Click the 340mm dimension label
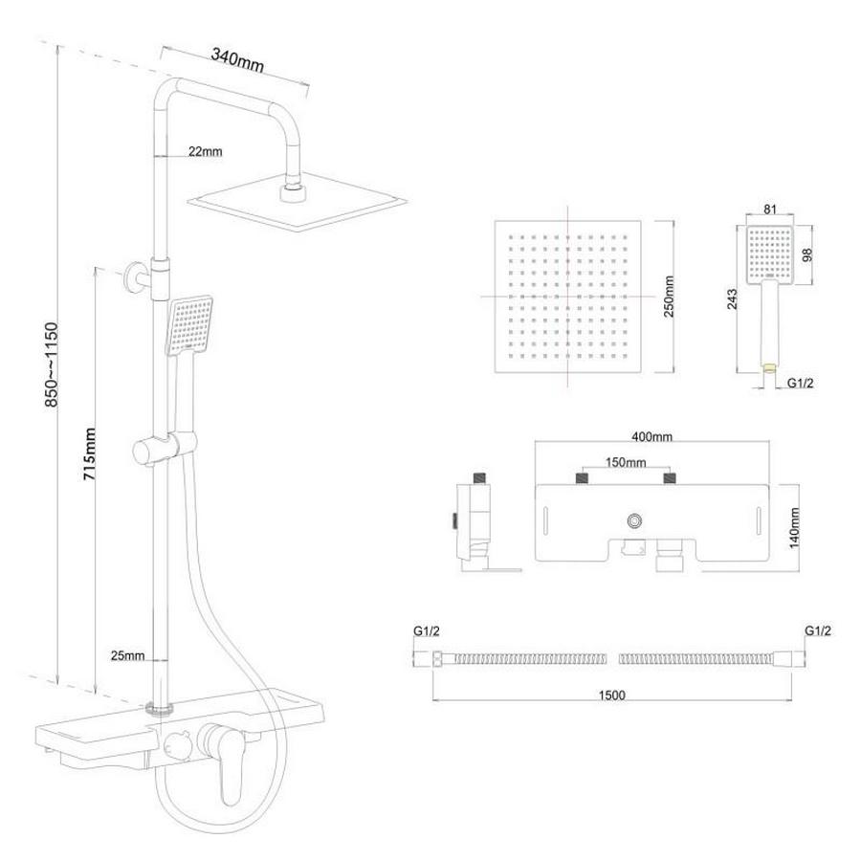(x=237, y=60)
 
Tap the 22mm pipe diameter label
(x=206, y=151)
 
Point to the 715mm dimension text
(x=90, y=453)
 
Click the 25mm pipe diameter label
(x=127, y=655)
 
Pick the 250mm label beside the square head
(x=669, y=297)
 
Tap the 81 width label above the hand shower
(x=770, y=210)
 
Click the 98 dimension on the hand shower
(x=806, y=254)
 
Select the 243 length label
(x=733, y=299)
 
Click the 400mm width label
(x=651, y=436)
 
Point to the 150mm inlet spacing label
(x=626, y=462)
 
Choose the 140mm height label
(x=794, y=528)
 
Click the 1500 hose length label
(x=611, y=695)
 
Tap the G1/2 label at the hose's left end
(x=426, y=631)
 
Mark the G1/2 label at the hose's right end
(x=818, y=631)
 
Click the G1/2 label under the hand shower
(x=800, y=383)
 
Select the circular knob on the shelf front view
(x=635, y=520)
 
